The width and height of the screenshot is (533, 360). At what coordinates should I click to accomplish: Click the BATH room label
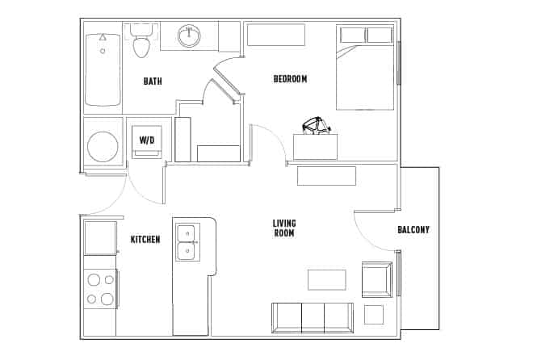coord(153,81)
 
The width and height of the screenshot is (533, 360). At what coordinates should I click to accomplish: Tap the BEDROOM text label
coord(290,78)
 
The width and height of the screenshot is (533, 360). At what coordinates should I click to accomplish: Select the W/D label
coord(147,140)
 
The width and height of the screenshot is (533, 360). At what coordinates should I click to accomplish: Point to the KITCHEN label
coord(145,240)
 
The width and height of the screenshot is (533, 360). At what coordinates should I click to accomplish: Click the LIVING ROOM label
coord(283,228)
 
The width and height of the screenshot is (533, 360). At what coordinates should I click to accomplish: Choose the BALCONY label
coord(413,230)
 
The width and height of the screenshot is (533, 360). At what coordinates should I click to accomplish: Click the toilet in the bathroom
coord(142,42)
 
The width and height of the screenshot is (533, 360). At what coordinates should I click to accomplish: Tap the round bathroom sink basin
coord(190,35)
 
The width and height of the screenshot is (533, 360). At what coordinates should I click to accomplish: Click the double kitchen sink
coord(187,241)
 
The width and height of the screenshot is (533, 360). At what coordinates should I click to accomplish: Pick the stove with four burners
coord(100,290)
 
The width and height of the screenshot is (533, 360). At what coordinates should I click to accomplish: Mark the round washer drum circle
coord(103,147)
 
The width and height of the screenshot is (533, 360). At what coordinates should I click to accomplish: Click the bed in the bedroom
coord(365,69)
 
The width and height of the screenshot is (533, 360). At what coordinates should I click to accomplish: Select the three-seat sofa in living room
coord(313,317)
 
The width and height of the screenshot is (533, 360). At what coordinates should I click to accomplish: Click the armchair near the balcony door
coord(377,279)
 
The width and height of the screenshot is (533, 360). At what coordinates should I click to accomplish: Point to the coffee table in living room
coord(326,279)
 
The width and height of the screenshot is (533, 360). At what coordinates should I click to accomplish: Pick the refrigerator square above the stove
coord(100,237)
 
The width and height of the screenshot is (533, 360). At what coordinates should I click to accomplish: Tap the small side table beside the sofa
coord(373,315)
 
